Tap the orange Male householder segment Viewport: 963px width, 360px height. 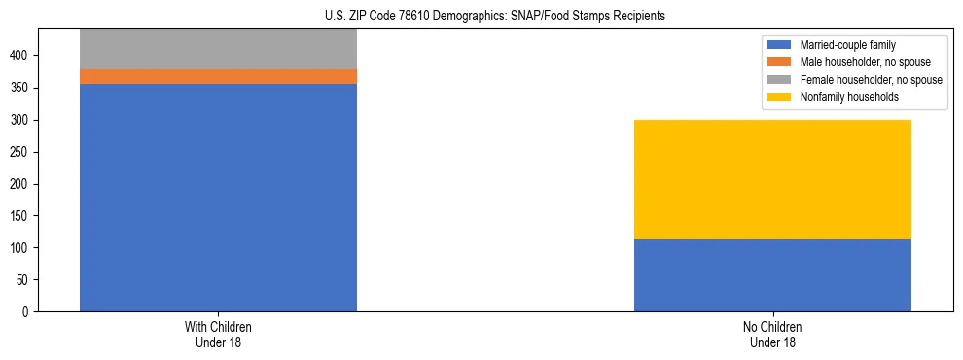point(218,76)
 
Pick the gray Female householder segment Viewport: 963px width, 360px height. point(218,49)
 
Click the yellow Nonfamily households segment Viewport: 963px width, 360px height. point(772,179)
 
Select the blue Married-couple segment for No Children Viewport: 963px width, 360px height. point(772,275)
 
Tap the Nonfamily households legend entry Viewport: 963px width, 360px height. point(843,97)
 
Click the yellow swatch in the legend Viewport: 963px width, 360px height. point(779,97)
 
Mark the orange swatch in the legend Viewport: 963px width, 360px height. point(779,62)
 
